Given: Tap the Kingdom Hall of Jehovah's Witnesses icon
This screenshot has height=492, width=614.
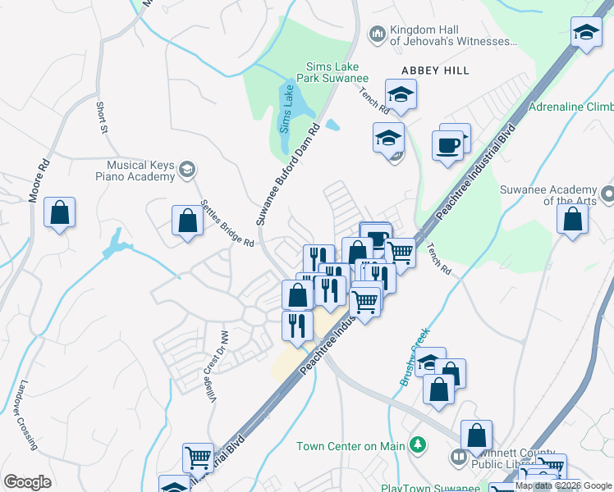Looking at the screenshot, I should [x=378, y=34].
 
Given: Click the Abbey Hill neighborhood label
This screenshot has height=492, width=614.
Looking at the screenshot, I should [x=435, y=71].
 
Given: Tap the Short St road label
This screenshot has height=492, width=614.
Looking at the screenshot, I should [x=102, y=117].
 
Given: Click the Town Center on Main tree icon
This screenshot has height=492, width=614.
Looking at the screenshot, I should [x=419, y=445].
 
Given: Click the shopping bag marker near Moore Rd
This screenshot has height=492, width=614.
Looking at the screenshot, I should [x=59, y=213].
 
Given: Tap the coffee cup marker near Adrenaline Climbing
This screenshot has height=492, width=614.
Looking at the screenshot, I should [x=448, y=145].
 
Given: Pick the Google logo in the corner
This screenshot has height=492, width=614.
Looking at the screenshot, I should [x=28, y=481].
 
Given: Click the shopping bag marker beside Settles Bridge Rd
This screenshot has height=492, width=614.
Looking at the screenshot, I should [x=188, y=220].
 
